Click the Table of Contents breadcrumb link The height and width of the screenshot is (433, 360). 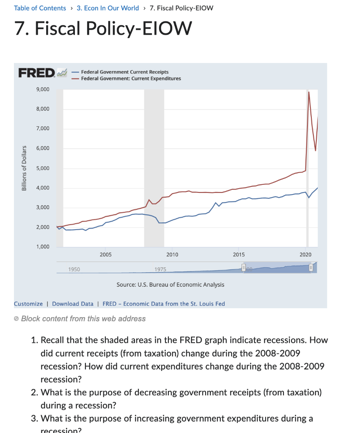[40, 8]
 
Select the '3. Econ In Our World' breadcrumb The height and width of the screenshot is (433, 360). [107, 8]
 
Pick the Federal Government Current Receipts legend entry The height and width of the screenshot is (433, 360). [124, 72]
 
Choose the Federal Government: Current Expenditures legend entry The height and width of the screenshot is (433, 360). [131, 79]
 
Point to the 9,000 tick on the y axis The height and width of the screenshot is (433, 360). [43, 90]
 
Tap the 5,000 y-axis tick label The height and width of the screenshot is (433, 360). [43, 168]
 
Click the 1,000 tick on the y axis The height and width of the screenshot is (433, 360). [43, 247]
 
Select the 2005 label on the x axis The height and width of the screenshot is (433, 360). [106, 255]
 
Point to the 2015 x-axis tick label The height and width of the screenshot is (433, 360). [239, 255]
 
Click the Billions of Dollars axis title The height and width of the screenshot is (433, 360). [24, 168]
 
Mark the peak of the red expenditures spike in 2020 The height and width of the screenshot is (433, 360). [309, 92]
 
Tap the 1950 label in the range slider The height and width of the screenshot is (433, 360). [74, 269]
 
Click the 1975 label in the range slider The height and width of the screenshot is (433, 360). [160, 269]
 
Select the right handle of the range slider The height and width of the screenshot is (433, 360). [311, 268]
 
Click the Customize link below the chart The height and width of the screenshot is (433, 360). [28, 304]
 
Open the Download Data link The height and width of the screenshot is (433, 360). [73, 304]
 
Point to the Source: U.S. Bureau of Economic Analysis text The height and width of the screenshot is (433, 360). [170, 285]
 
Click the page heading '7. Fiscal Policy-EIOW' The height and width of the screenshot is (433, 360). [103, 29]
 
